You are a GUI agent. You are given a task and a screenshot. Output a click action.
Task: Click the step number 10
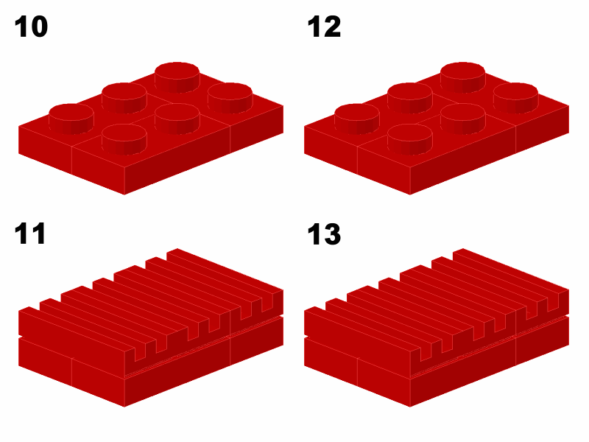31,27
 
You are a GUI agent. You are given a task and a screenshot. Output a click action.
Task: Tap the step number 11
30,234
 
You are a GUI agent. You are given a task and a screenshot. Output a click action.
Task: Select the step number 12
324,27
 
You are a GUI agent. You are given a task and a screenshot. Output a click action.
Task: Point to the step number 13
324,234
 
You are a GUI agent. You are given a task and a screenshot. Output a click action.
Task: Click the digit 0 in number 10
38,27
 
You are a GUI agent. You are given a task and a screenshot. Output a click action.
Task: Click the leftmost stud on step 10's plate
71,119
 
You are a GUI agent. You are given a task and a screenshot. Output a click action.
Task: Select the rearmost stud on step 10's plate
177,77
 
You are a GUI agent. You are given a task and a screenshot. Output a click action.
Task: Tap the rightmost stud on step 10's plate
230,98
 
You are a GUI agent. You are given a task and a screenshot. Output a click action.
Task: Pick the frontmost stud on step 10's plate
124,139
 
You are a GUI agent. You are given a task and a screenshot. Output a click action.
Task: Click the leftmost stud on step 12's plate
357,119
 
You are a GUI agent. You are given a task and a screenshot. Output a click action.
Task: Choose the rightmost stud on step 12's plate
516,98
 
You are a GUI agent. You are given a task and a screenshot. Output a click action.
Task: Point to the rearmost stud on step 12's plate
463,77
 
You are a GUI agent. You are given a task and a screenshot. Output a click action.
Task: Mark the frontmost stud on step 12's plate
410,139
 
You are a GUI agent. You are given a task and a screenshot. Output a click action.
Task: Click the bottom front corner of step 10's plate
124,194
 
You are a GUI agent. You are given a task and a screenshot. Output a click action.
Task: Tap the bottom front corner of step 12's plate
410,194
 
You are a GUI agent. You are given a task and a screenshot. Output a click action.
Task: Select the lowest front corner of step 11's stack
124,407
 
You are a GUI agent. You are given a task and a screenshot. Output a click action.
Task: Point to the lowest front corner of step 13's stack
410,407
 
